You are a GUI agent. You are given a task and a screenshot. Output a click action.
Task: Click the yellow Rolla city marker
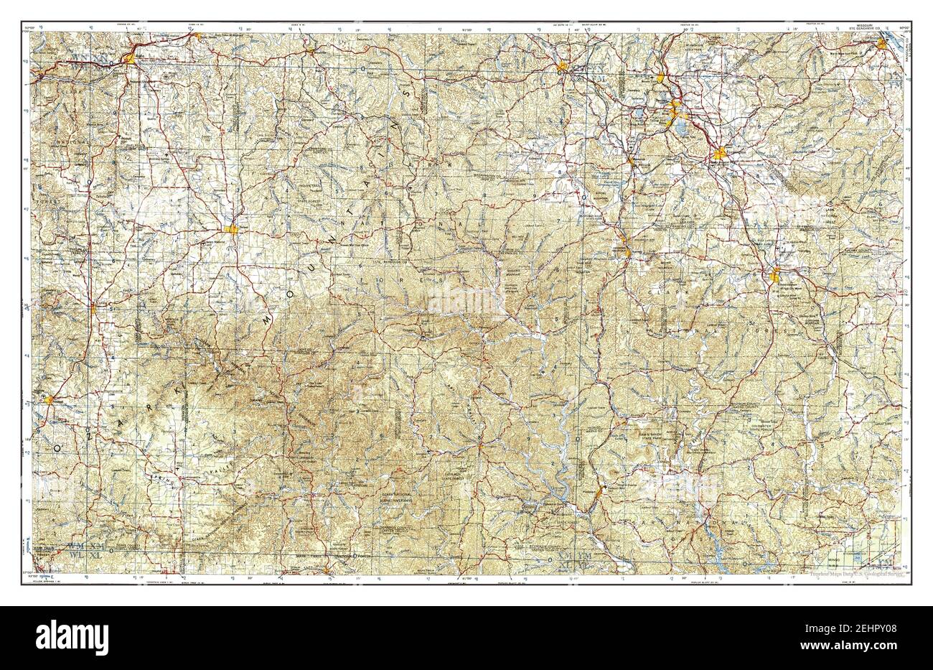131,59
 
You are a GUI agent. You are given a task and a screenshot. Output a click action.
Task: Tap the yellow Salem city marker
231,229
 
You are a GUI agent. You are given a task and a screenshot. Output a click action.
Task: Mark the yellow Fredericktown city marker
775,274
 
